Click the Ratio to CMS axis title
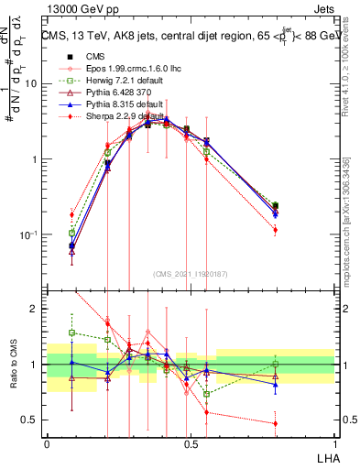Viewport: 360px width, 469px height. [x=12, y=365]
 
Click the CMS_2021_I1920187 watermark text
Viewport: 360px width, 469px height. [x=189, y=273]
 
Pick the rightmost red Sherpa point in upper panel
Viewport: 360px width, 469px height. [x=276, y=230]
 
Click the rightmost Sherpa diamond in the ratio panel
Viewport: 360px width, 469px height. [x=276, y=423]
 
